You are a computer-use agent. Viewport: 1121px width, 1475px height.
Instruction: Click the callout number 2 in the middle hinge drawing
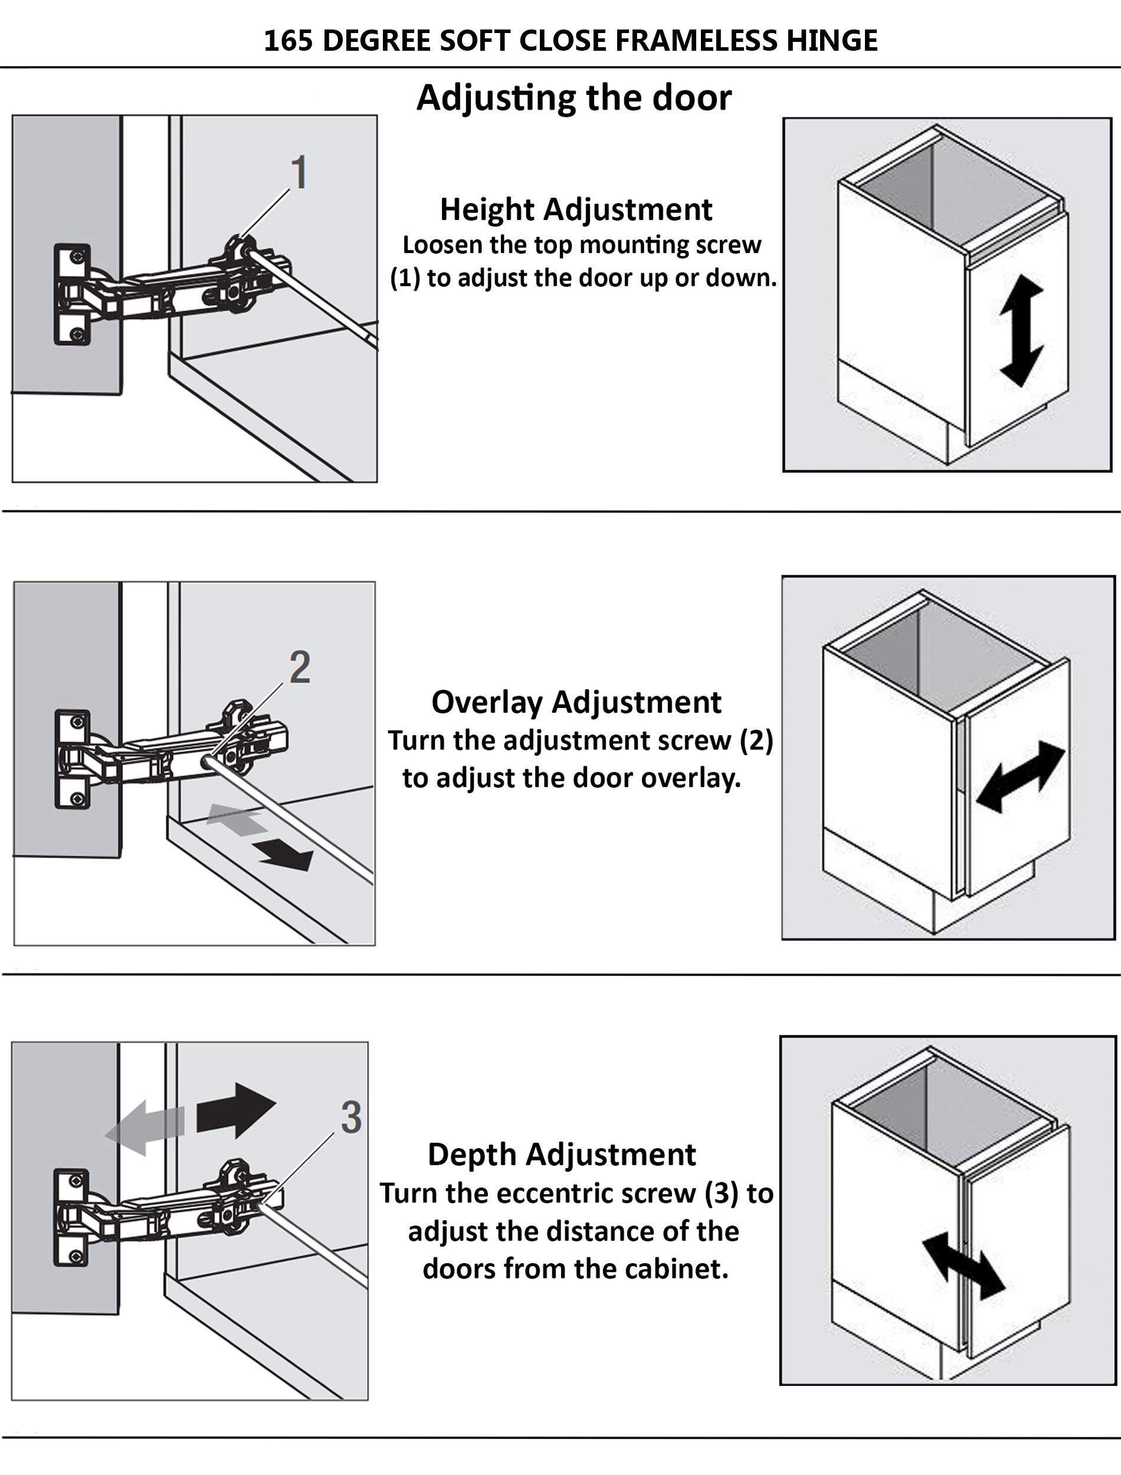[300, 667]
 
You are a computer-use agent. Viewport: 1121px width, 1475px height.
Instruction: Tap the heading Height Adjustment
[576, 209]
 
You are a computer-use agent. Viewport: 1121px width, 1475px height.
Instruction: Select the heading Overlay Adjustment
[576, 702]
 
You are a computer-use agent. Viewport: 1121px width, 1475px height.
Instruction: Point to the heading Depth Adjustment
[561, 1154]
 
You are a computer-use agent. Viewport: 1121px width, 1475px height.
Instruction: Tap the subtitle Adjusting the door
[574, 97]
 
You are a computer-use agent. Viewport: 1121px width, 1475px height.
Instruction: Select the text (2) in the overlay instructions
[755, 740]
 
